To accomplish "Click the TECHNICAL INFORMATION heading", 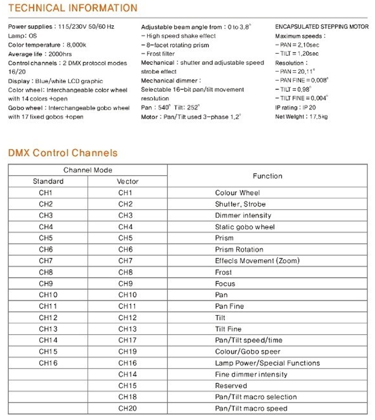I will (73, 8).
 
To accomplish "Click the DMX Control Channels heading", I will (63, 153).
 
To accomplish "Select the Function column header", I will (267, 176).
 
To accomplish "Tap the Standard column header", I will (48, 182).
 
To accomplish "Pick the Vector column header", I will (128, 182).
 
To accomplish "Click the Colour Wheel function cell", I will (237, 193).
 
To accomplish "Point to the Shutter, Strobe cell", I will (240, 205).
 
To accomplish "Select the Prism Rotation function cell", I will (239, 250).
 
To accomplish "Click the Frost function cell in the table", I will (223, 272).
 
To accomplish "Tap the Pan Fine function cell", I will (229, 306).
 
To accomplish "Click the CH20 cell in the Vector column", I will (128, 409).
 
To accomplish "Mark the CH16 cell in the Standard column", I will (48, 363).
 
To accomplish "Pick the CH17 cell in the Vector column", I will (128, 340).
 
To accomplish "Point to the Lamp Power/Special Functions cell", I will (267, 363).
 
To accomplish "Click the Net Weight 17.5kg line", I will (298, 116).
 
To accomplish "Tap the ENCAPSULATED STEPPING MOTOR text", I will (321, 27).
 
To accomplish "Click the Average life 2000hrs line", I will (36, 54).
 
